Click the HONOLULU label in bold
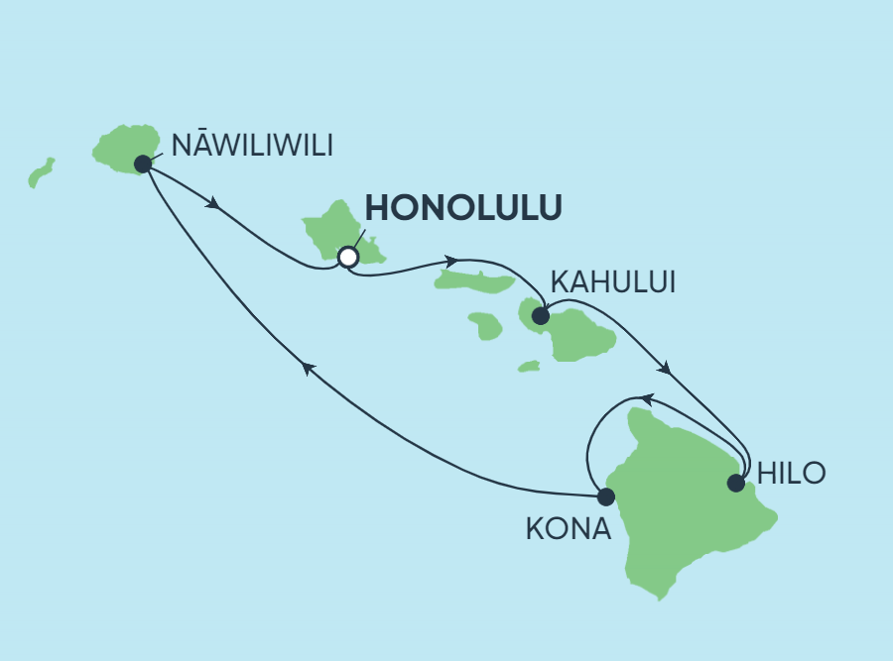[464, 208]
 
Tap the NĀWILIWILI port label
[252, 146]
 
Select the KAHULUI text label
[612, 282]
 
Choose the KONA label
[568, 529]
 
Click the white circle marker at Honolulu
[347, 257]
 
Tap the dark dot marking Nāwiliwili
[143, 164]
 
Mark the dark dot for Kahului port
[541, 317]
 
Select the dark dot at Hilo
[735, 484]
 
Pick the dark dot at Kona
[604, 496]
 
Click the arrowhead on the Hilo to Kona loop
[643, 398]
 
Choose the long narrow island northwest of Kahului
[473, 281]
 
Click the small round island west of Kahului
[485, 325]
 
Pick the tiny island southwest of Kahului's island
[528, 367]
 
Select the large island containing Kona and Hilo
[685, 505]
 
